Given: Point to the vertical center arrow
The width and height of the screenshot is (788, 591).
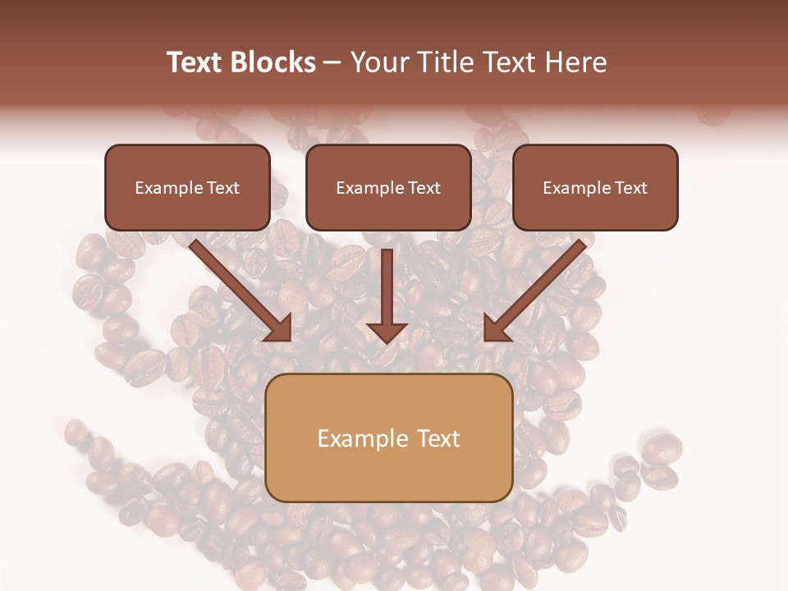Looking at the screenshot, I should coord(387,287).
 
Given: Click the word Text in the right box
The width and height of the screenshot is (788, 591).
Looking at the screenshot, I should coord(630,188).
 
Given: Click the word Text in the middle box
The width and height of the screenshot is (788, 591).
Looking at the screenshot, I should coord(424,188).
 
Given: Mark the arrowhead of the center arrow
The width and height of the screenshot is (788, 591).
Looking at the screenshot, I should coord(387,332).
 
